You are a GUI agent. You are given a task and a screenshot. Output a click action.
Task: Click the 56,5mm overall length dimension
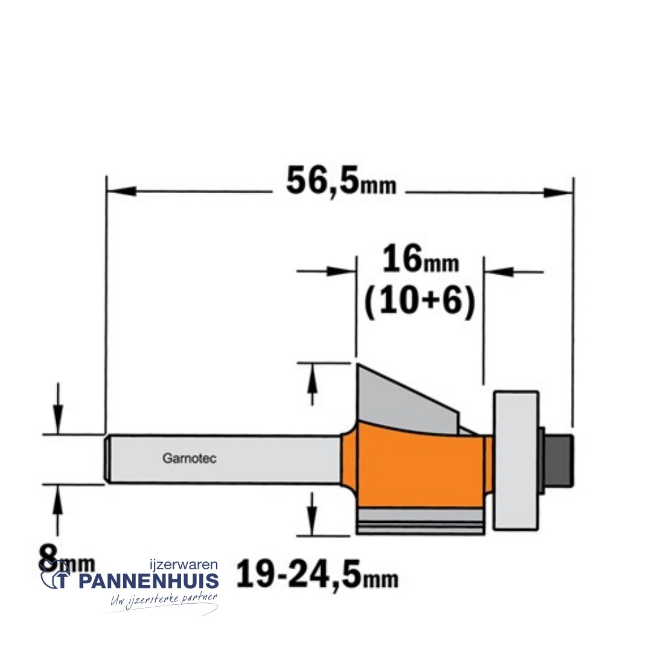[341, 181]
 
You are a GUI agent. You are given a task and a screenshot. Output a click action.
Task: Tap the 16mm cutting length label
[420, 259]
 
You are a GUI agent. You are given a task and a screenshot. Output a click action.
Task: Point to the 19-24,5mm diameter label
[318, 574]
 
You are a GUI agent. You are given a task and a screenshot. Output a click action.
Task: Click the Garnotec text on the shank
[189, 458]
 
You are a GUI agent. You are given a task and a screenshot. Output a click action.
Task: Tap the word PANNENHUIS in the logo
[149, 581]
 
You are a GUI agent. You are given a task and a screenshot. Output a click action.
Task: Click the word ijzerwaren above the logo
[184, 564]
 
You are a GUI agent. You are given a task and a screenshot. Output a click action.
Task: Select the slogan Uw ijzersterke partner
[164, 600]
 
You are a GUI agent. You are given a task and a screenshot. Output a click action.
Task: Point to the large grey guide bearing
[516, 461]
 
